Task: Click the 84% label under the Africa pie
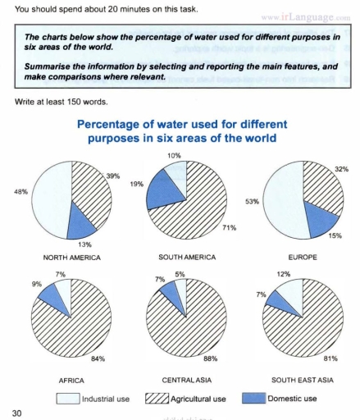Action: (97, 359)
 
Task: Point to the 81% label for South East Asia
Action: (330, 358)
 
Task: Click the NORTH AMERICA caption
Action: (71, 258)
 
